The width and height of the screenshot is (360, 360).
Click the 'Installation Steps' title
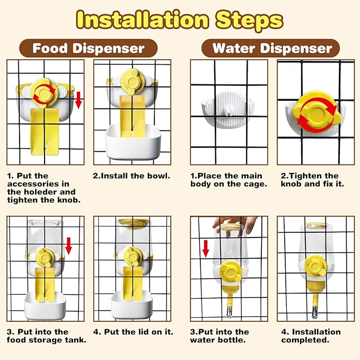(x=180, y=20)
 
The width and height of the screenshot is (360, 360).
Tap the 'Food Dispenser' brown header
(x=89, y=48)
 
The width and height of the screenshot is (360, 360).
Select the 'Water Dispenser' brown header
(x=270, y=48)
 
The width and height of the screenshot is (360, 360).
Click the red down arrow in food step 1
(x=78, y=100)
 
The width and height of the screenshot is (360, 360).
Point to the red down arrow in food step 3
(x=68, y=246)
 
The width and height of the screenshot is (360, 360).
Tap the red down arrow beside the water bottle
(x=206, y=249)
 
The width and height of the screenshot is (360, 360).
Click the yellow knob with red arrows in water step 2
(x=317, y=112)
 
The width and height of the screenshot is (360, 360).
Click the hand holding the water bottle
(x=234, y=226)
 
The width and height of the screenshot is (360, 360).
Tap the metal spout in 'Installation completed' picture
(x=315, y=312)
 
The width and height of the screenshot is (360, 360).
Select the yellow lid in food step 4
(x=133, y=222)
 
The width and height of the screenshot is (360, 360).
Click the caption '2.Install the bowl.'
(x=131, y=176)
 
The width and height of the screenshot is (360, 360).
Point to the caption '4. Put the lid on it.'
(x=133, y=332)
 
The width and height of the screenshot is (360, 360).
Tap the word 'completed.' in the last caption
(x=305, y=340)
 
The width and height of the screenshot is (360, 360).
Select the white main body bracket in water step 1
(x=228, y=110)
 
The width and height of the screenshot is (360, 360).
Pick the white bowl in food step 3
(x=45, y=305)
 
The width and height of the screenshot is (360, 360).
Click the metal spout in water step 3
(x=229, y=312)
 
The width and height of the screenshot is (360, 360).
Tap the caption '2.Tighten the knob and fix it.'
(x=312, y=180)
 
